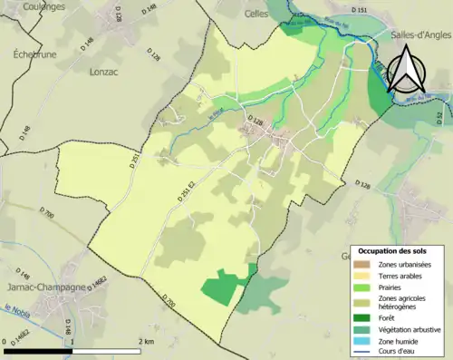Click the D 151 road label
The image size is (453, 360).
(x=361, y=11)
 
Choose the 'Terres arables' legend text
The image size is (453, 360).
(x=405, y=275)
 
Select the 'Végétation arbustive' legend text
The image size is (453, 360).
(x=413, y=329)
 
